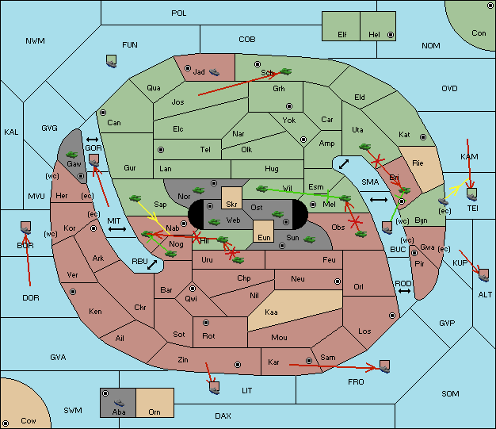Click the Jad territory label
click(x=199, y=72)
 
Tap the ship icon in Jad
click(x=214, y=72)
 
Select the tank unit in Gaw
click(x=71, y=155)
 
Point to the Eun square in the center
click(x=264, y=232)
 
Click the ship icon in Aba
click(x=120, y=403)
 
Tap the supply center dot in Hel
click(x=391, y=35)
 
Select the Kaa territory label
click(x=271, y=312)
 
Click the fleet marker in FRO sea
click(x=384, y=366)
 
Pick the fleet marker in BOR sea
click(x=25, y=228)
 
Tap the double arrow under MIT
click(x=117, y=229)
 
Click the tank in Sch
click(x=286, y=71)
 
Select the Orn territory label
click(x=155, y=412)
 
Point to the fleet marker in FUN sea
click(x=112, y=61)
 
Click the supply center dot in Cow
click(x=6, y=423)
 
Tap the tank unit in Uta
click(x=364, y=147)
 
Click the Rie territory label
click(x=418, y=163)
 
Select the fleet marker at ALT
click(x=483, y=275)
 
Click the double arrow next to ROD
click(x=404, y=291)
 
